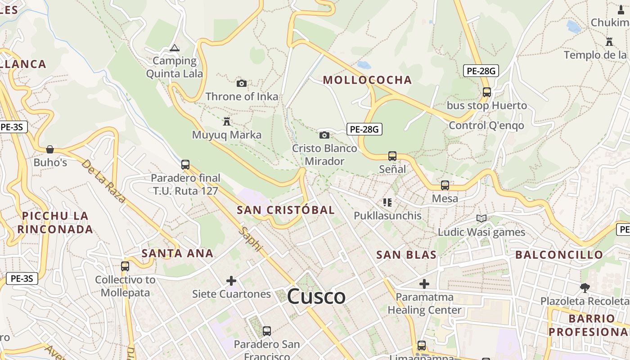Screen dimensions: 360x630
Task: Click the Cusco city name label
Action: coord(316,297)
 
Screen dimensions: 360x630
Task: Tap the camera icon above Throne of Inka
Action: coord(242,83)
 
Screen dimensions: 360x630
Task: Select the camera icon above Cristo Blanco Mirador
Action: coord(324,135)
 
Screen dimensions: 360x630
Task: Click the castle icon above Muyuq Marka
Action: coord(226,121)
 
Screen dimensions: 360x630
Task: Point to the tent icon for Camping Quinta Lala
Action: coord(175,48)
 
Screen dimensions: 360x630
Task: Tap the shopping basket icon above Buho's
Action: coord(50,149)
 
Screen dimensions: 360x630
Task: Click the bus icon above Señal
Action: coord(392,156)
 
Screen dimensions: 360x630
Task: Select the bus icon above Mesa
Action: coord(445,185)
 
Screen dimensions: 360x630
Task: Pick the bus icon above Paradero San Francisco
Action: coord(267,331)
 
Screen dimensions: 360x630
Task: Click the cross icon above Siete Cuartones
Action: coord(231,281)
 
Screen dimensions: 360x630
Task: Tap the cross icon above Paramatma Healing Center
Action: coord(424,284)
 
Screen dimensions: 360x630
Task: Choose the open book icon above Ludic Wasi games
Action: coord(481,219)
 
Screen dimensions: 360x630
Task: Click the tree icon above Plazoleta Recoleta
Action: coord(585,288)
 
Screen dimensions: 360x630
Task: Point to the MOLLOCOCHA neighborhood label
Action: coord(368,80)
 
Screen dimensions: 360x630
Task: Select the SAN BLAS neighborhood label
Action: coord(406,255)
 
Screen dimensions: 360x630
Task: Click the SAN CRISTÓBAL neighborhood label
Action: coord(286,210)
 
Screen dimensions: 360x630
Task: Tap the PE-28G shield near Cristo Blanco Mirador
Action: coord(364,130)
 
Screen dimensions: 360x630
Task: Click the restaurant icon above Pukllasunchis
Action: coord(387,202)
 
